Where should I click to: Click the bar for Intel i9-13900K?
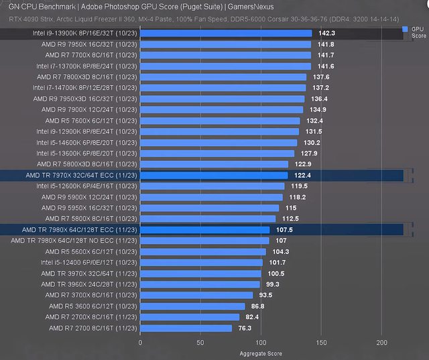[x=226, y=33]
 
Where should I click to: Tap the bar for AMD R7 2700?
[x=186, y=328]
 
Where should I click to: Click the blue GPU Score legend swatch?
[x=405, y=29]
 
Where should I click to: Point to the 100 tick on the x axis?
[x=260, y=342]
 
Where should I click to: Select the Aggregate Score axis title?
[x=260, y=353]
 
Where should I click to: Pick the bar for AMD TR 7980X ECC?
[x=204, y=230]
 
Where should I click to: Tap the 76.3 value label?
[x=245, y=328]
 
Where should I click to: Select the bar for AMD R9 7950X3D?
[x=223, y=99]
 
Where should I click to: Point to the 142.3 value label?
[x=327, y=33]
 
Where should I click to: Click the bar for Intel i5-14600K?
[x=219, y=142]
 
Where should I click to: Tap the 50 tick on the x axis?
[x=200, y=342]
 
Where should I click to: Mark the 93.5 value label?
[x=265, y=296]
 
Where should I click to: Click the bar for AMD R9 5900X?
[x=211, y=197]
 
